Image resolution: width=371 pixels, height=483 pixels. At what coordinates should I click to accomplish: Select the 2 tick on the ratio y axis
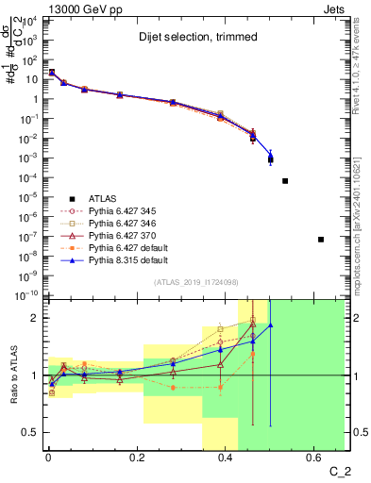[x=34, y=318]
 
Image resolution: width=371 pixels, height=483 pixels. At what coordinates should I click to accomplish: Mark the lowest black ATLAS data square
[x=321, y=240]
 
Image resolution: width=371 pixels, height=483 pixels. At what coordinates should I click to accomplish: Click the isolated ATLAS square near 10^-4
[x=285, y=180]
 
